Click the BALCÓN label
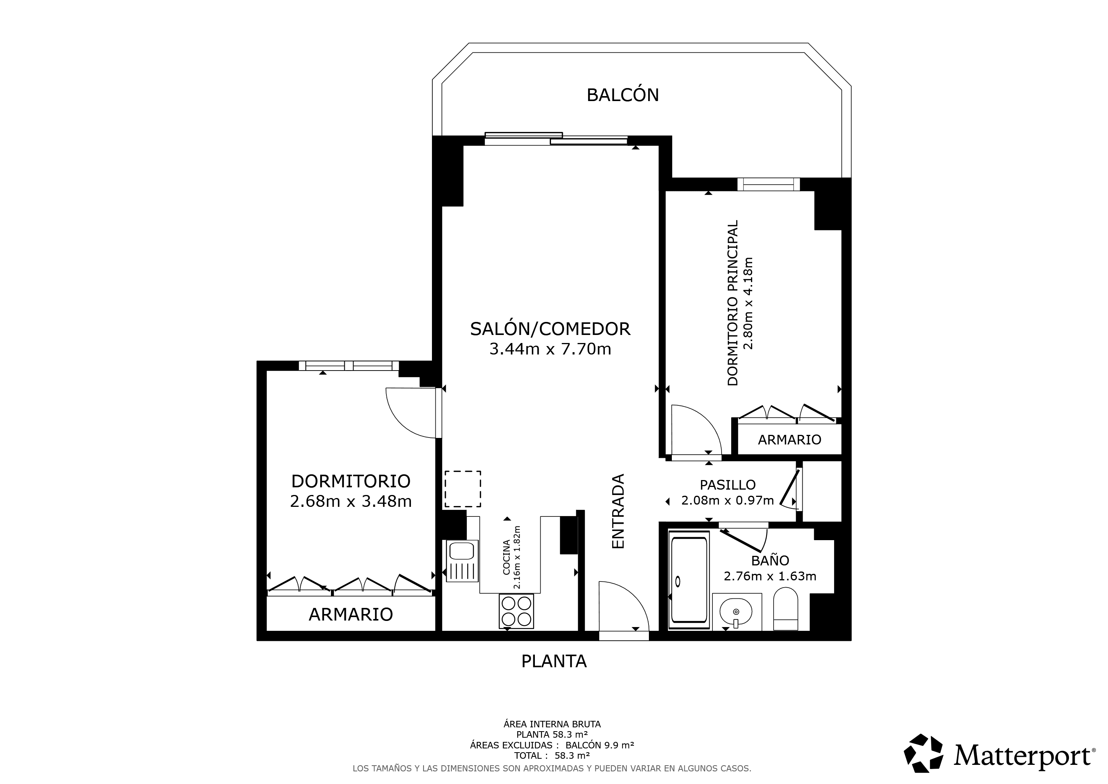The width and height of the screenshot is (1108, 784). [622, 95]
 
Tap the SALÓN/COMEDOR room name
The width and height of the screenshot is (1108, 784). [550, 329]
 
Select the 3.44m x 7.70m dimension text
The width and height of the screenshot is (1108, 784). [550, 349]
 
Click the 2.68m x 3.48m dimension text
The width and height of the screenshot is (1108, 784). [351, 501]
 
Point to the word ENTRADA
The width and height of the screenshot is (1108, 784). [618, 511]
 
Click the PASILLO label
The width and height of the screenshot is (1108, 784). [728, 485]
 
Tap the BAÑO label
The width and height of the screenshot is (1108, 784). [770, 560]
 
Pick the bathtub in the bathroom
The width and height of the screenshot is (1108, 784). [689, 580]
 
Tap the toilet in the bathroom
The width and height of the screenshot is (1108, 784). [785, 609]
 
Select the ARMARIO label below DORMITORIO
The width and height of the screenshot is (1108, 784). [351, 614]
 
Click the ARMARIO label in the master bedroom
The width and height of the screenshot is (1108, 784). [790, 439]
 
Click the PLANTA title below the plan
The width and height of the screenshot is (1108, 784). [554, 661]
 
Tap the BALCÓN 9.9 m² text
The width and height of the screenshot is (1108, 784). [600, 745]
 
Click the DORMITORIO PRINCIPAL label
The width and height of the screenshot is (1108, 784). [733, 303]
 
